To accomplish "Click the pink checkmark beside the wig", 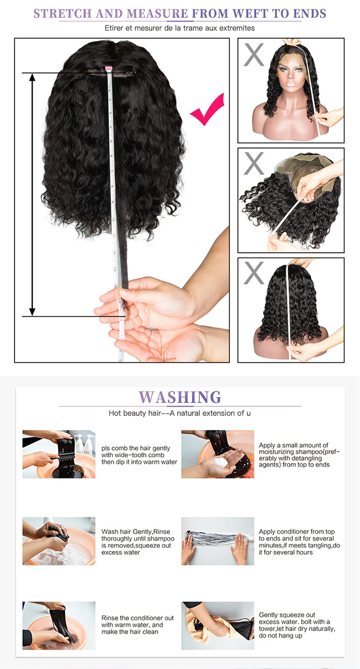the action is point(207,110).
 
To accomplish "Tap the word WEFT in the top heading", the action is point(250,14).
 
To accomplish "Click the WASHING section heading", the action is point(180,397).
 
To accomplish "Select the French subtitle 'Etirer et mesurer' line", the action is point(180,28).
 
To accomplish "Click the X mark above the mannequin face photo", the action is point(254,54).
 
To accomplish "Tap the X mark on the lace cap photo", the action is point(254,163).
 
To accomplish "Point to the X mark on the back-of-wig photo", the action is point(254,273).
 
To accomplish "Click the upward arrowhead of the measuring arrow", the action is point(32,77).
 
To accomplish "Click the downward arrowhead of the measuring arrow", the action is point(32,312).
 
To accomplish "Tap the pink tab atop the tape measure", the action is point(108,68).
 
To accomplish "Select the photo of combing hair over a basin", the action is point(59,454).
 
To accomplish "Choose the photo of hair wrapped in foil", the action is point(217,541).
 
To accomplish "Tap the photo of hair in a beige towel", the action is point(217,626).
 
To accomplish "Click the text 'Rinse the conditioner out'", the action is point(137,618).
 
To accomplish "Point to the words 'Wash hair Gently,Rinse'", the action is point(136,532).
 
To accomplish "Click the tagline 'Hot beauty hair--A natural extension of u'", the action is point(180,414).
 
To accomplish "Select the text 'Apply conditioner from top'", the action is point(297,532).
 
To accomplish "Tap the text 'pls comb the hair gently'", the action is point(136,448).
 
